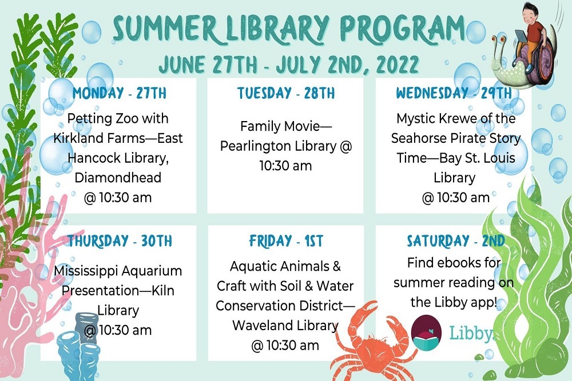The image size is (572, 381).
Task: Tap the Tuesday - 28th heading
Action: click(x=285, y=93)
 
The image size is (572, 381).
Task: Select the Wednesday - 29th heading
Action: click(x=454, y=93)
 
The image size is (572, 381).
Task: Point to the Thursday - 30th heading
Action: click(x=120, y=240)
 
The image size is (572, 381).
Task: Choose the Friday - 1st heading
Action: click(x=285, y=240)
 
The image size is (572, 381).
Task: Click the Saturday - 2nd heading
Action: click(x=455, y=240)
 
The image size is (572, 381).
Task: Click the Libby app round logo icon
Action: click(x=426, y=333)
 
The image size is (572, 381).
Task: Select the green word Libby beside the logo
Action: click(x=470, y=333)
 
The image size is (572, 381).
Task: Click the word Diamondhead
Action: click(x=118, y=178)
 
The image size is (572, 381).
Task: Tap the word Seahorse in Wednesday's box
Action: click(x=418, y=138)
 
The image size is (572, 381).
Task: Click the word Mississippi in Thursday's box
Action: click(x=86, y=271)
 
